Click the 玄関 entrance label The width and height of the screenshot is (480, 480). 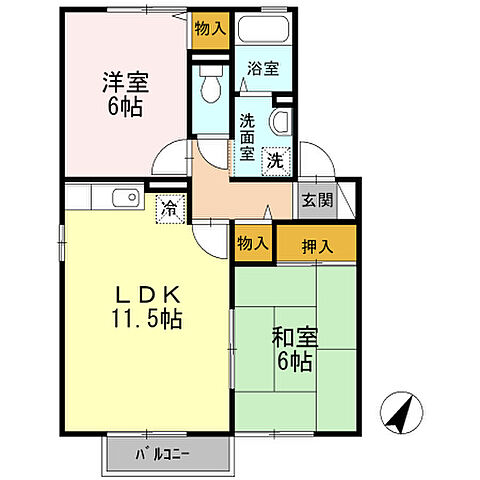310,196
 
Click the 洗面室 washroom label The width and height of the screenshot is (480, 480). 248,137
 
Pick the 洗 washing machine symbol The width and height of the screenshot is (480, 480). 274,157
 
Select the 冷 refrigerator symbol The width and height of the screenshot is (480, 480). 170,209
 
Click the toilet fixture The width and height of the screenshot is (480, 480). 209,86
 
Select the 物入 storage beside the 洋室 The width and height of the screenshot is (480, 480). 209,31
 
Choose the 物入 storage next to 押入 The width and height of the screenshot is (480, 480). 254,242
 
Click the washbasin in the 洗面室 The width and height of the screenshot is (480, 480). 281,122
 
